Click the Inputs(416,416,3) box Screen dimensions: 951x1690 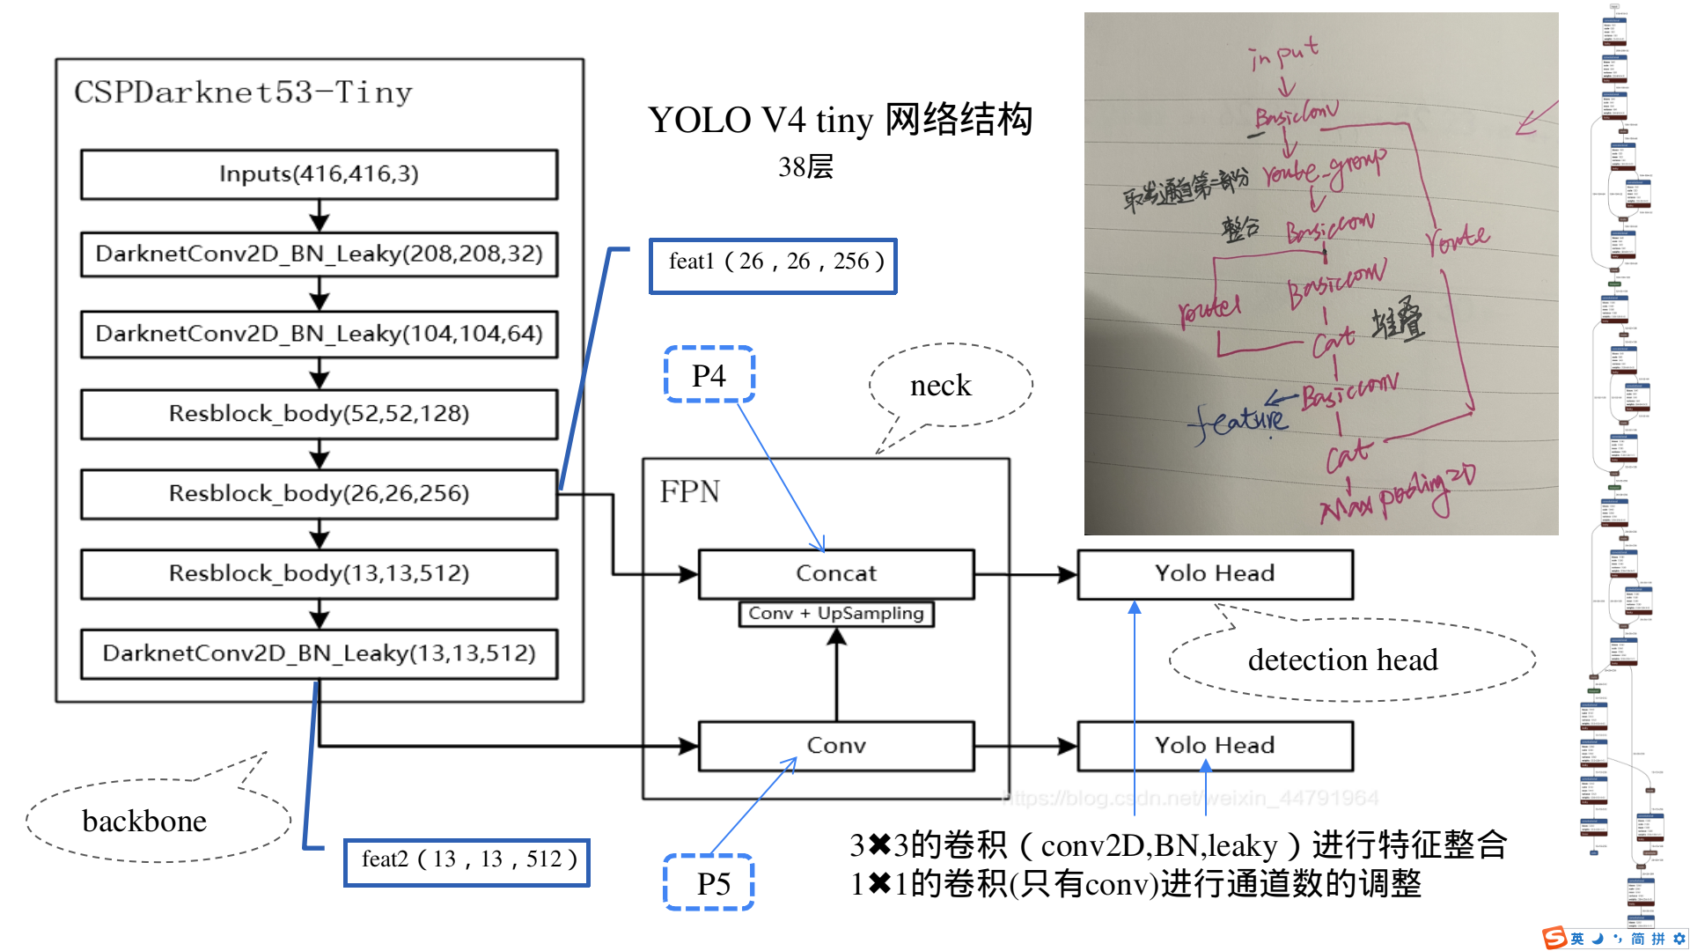pyautogui.click(x=319, y=174)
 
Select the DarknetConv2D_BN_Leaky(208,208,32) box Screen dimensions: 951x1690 pyautogui.click(x=319, y=254)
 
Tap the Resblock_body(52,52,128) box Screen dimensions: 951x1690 pyautogui.click(x=319, y=414)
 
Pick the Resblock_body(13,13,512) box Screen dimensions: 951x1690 pyautogui.click(x=319, y=574)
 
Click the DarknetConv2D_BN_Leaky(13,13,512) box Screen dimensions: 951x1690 pyautogui.click(x=319, y=653)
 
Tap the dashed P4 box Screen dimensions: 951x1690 pyautogui.click(x=709, y=375)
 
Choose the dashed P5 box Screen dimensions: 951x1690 pyautogui.click(x=709, y=882)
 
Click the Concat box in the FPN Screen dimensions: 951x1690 pyautogui.click(x=836, y=574)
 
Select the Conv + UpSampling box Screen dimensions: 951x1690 pyautogui.click(x=836, y=613)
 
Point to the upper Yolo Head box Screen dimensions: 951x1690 pyautogui.click(x=1215, y=574)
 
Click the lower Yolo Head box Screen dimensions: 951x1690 pyautogui.click(x=1215, y=746)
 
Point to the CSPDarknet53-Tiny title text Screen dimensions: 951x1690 pyautogui.click(x=243, y=92)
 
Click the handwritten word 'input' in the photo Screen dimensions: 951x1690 pyautogui.click(x=1284, y=54)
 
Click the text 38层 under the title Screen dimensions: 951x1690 pyautogui.click(x=805, y=167)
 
